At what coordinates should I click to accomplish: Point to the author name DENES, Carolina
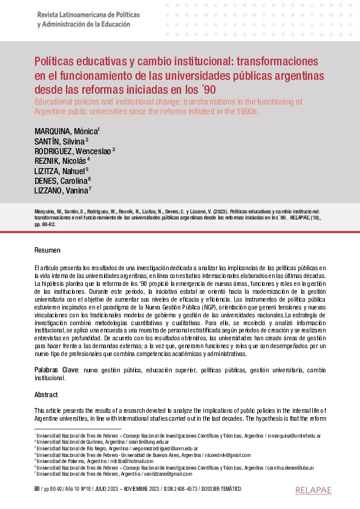[61, 180]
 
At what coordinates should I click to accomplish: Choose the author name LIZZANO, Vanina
[61, 190]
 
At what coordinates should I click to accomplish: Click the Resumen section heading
[47, 250]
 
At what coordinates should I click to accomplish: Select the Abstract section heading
[47, 395]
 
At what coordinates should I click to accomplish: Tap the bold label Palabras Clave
[56, 369]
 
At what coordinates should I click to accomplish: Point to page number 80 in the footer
[37, 488]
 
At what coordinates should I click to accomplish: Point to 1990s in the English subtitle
[263, 112]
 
